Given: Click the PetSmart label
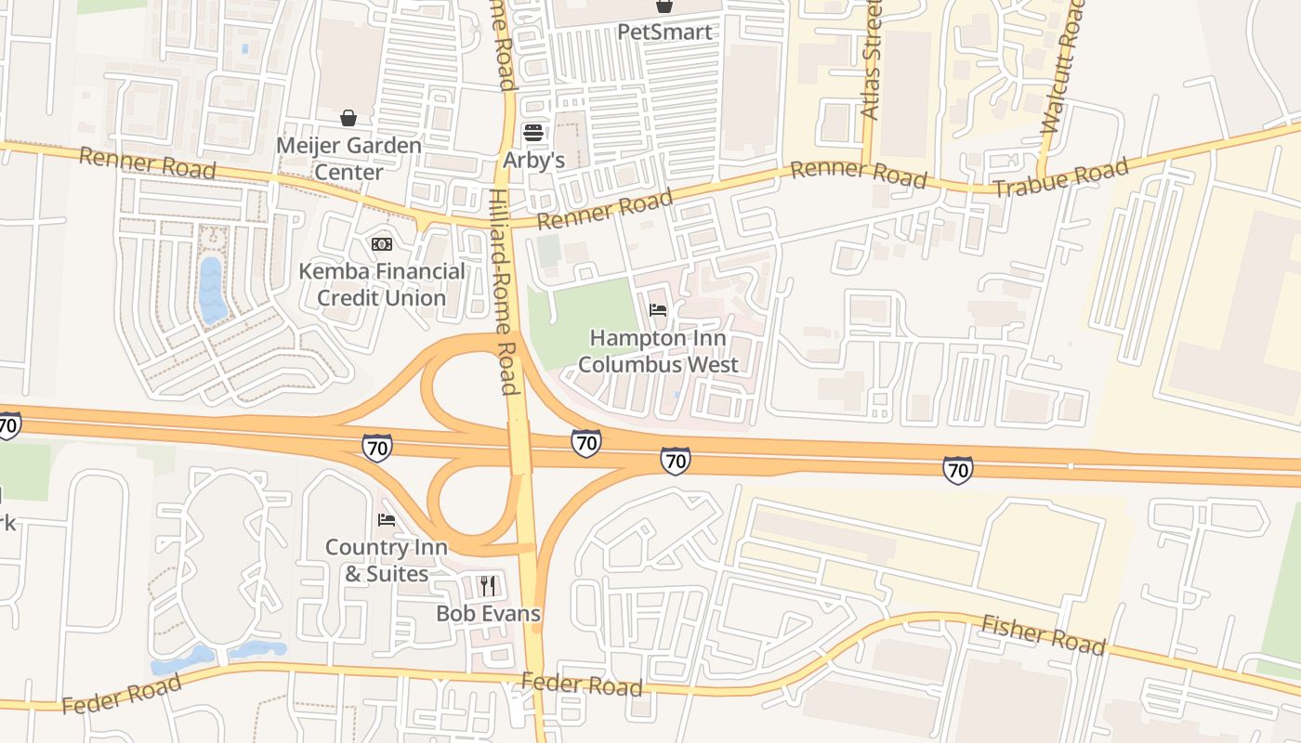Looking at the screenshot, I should [x=665, y=33].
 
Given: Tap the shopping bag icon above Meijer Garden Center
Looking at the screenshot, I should [x=348, y=118].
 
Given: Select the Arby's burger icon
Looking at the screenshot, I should [x=532, y=132].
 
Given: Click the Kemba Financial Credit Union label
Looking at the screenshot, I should [x=382, y=284].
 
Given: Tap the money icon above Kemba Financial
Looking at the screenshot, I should [x=381, y=244].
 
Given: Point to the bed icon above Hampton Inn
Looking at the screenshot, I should [x=658, y=310].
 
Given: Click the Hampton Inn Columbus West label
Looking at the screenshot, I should [x=658, y=351].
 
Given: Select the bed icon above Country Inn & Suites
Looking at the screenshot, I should [x=387, y=520].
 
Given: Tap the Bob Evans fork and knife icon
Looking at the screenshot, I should [x=488, y=585].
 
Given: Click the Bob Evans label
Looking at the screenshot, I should [x=488, y=614].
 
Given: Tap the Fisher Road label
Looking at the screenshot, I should [x=1043, y=636].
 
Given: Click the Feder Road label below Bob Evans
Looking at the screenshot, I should [x=582, y=685].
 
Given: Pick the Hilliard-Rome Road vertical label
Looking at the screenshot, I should [x=502, y=293].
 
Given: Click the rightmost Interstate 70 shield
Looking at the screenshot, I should [x=957, y=470].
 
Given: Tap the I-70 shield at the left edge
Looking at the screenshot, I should [x=7, y=426].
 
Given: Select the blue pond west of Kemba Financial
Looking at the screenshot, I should [x=212, y=290].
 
